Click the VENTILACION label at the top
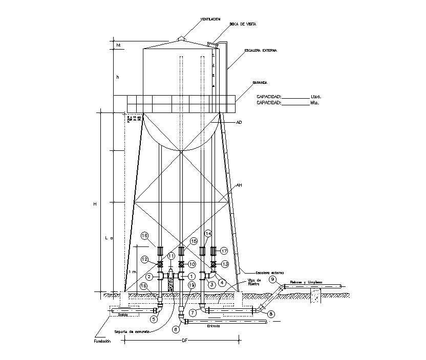tap(210, 19)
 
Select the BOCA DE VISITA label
tap(243, 24)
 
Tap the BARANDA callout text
tap(261, 82)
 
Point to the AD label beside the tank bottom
tap(239, 123)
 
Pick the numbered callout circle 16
tap(145, 236)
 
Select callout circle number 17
tap(224, 251)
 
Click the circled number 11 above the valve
tap(172, 255)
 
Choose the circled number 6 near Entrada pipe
tap(177, 329)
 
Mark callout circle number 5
tap(153, 319)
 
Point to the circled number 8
tap(271, 313)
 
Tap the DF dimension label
tap(184, 341)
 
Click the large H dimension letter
tap(95, 204)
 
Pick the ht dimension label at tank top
tap(118, 46)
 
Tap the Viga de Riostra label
tap(254, 282)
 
